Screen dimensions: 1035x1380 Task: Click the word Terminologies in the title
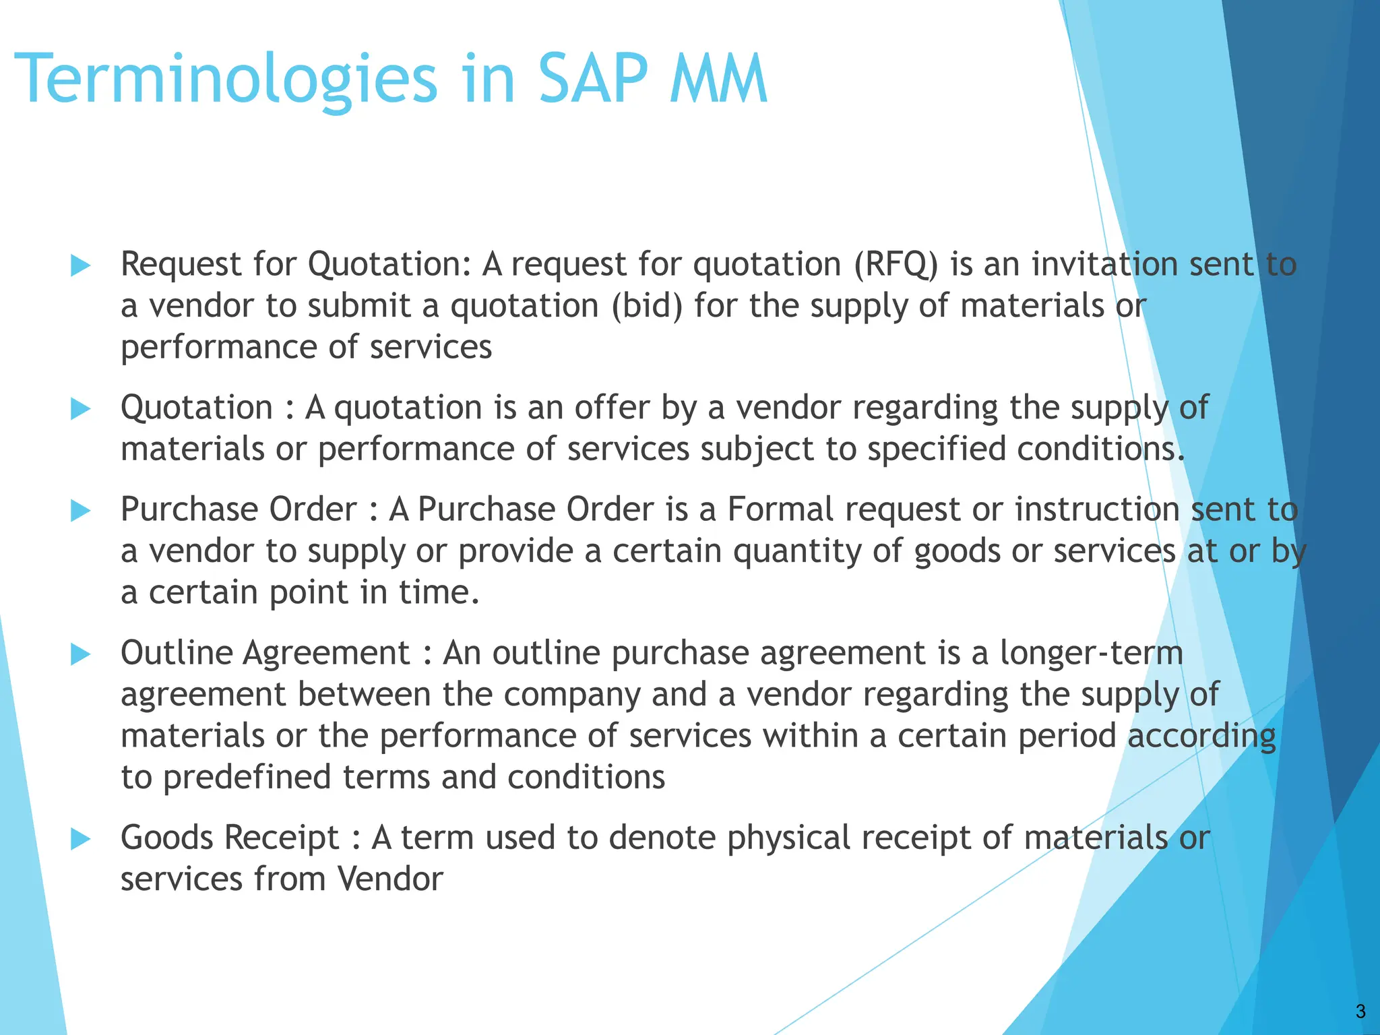pos(226,81)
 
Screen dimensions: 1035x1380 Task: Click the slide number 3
pos(1360,1011)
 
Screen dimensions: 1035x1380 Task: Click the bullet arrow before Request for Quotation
pos(81,265)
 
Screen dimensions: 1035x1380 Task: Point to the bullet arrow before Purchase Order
pos(81,511)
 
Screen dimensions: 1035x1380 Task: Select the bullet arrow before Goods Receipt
pos(81,839)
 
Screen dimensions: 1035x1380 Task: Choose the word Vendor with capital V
pos(389,880)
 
